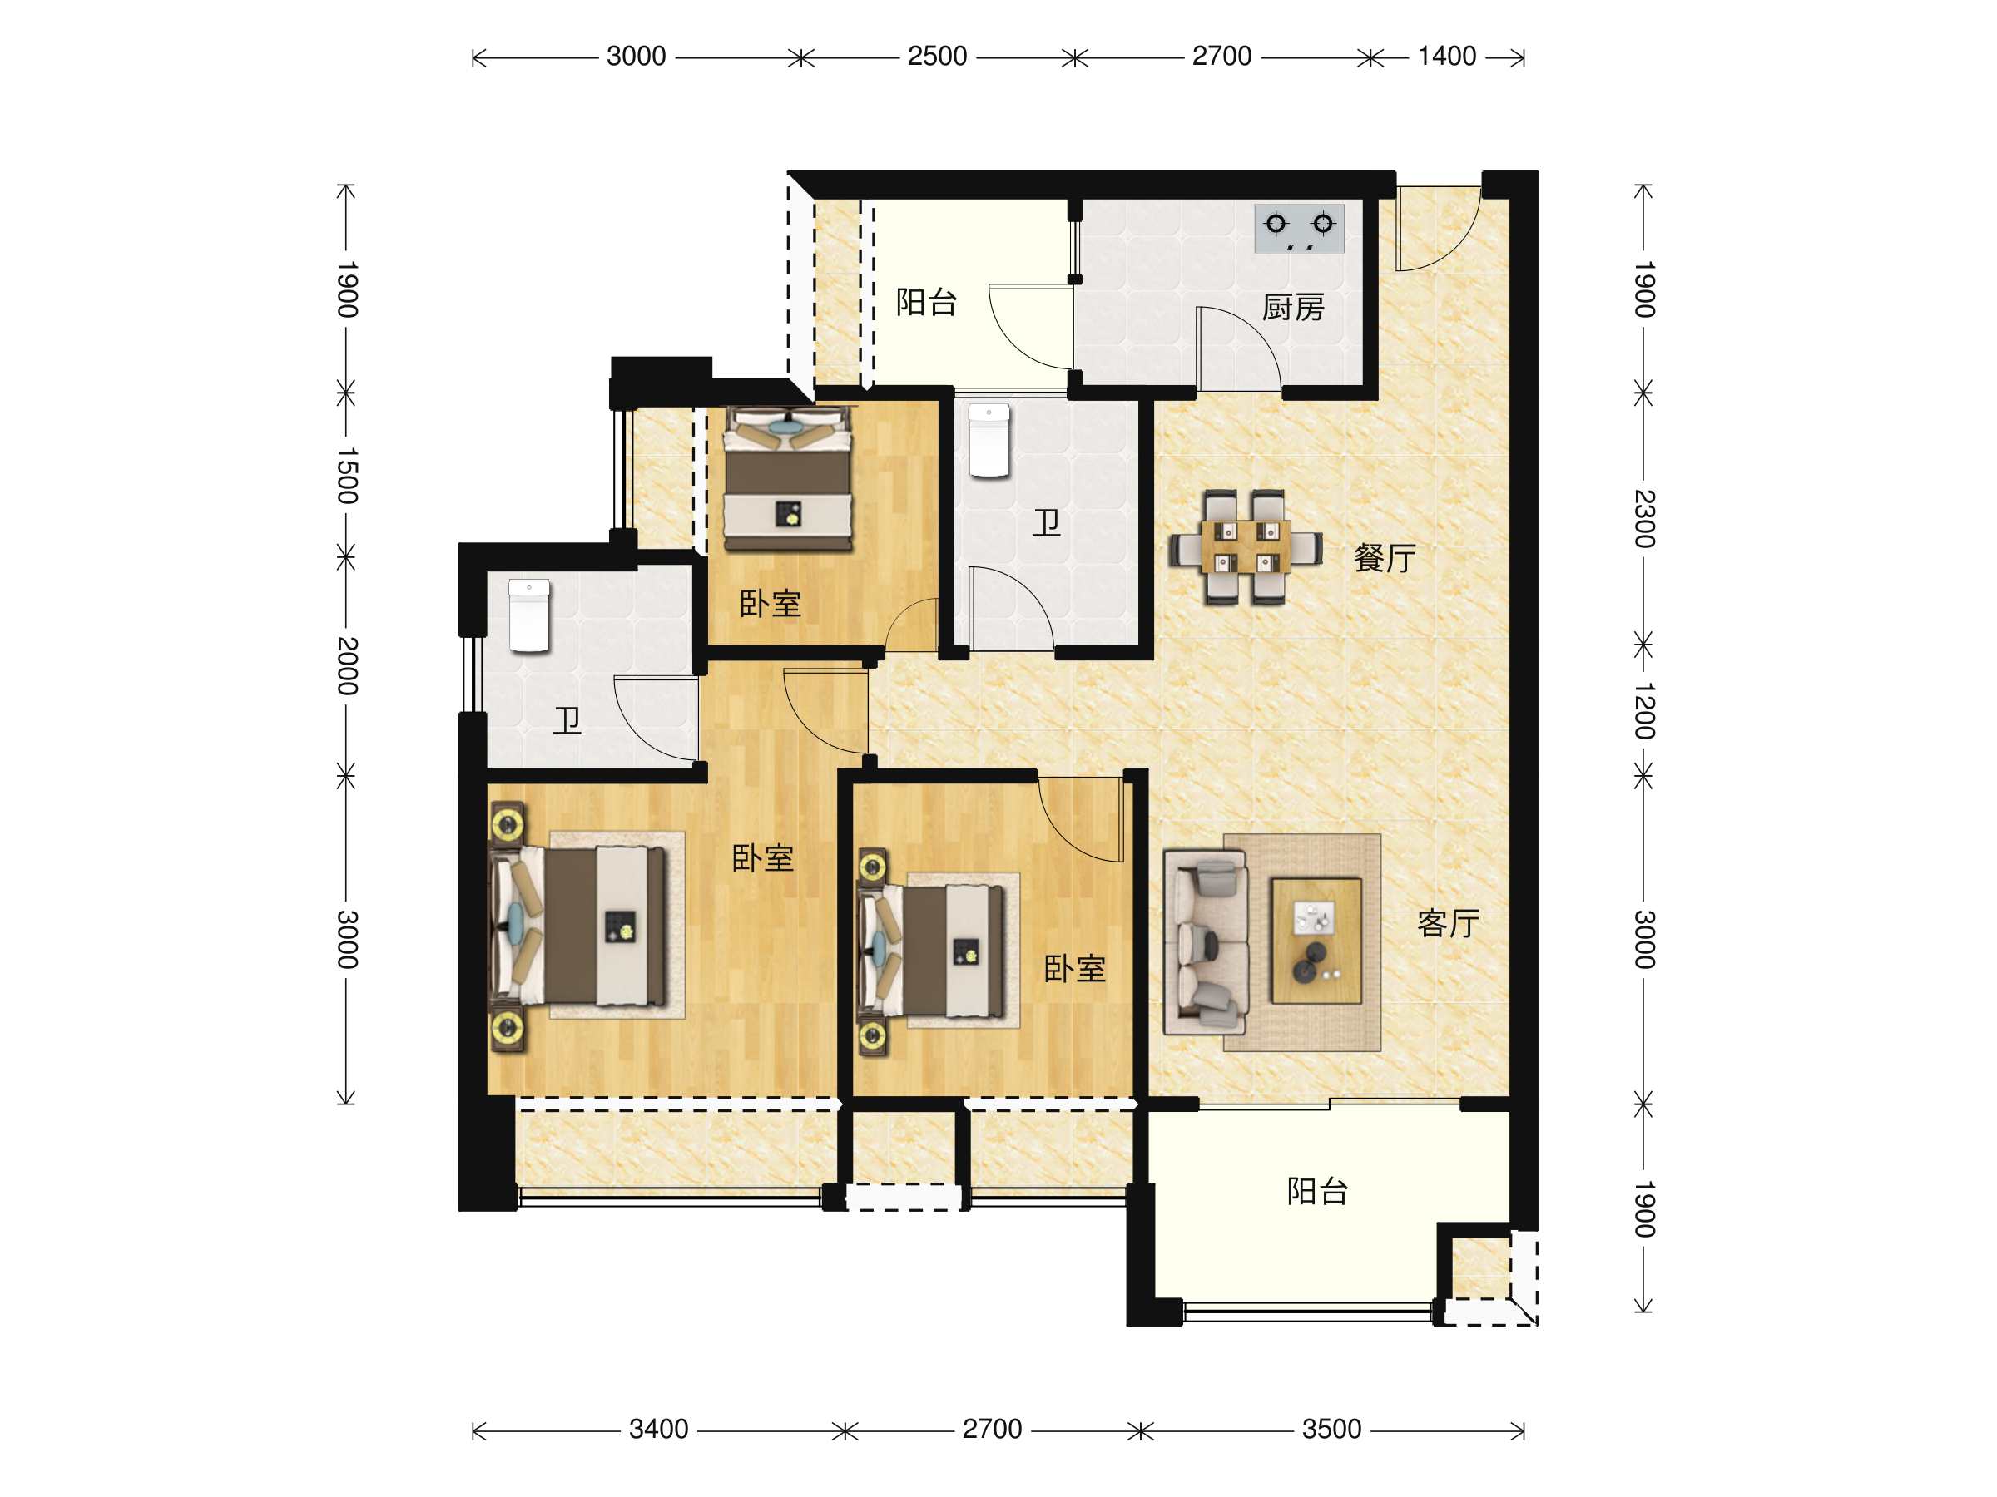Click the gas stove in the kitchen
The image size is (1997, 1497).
[1299, 229]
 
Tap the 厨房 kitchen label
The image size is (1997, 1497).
[1293, 308]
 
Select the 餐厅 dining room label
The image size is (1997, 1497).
[1384, 559]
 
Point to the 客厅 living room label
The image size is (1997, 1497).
[1448, 923]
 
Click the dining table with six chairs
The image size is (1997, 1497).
[1246, 547]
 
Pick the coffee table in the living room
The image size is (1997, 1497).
[1316, 941]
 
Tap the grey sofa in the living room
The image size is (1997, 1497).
[1207, 942]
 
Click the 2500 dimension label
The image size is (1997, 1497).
[937, 57]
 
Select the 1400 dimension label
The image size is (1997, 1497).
[1446, 57]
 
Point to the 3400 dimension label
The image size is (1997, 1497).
[659, 1430]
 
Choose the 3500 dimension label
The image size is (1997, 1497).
[1331, 1430]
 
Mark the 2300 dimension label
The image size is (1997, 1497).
[1644, 519]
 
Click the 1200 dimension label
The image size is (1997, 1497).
[1644, 711]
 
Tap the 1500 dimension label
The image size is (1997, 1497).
[348, 476]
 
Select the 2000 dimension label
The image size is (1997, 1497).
[348, 666]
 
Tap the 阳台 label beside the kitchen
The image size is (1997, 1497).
[926, 302]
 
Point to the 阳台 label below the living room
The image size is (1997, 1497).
[1317, 1192]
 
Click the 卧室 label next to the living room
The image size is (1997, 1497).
[1074, 969]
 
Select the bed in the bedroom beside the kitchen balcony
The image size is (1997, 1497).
[788, 478]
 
